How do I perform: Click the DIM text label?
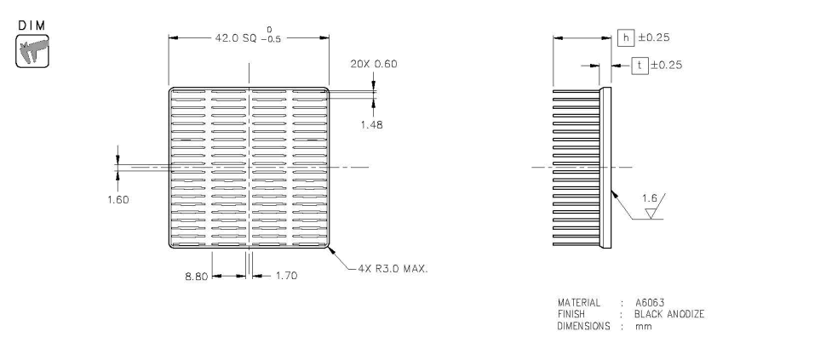[x=32, y=26]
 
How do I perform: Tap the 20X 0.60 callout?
[x=373, y=64]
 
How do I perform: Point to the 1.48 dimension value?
[x=372, y=124]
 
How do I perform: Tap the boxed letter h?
[x=626, y=37]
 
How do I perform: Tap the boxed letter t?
[x=639, y=65]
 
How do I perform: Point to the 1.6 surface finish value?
[x=650, y=198]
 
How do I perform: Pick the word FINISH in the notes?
[x=571, y=314]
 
